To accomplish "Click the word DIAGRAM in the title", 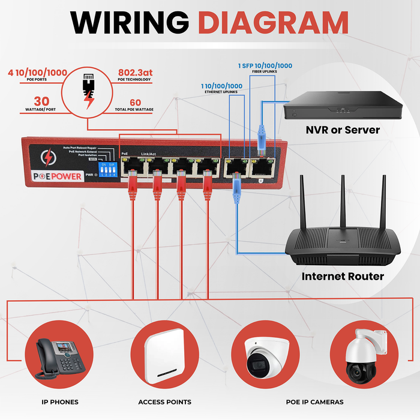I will [x=273, y=22].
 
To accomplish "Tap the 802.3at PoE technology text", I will [x=136, y=73].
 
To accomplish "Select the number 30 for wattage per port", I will [x=41, y=101].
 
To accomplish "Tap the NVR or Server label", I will [x=343, y=130].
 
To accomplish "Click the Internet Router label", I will [x=342, y=277].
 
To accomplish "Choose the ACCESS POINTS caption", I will [x=164, y=401].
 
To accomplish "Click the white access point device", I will [x=164, y=356].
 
